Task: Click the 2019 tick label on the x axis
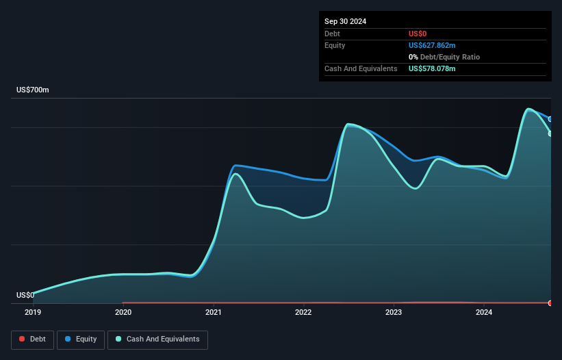(33, 313)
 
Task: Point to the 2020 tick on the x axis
(123, 313)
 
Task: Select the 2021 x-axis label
(214, 313)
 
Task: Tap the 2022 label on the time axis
(303, 313)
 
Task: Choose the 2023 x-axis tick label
(394, 313)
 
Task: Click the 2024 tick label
(484, 313)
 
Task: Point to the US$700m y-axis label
(33, 90)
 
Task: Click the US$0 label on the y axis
(25, 296)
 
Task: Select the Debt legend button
(31, 339)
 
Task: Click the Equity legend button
(80, 339)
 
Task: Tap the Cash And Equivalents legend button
(157, 339)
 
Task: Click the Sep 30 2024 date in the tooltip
(345, 21)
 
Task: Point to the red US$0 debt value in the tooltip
(418, 34)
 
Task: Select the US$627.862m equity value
(432, 45)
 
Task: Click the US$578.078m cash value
(432, 69)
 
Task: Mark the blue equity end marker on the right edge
(550, 119)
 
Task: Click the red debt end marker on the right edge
(550, 303)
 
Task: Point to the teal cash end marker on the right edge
(550, 133)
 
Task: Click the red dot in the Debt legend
(23, 339)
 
